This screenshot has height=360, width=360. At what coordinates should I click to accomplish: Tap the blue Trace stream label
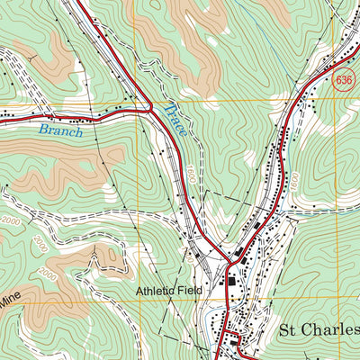pyautogui.click(x=175, y=120)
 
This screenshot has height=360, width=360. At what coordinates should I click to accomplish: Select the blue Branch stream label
pyautogui.click(x=60, y=131)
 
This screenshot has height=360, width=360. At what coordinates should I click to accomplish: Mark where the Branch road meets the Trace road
pyautogui.click(x=149, y=109)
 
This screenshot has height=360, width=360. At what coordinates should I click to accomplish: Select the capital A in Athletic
pyautogui.click(x=141, y=292)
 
